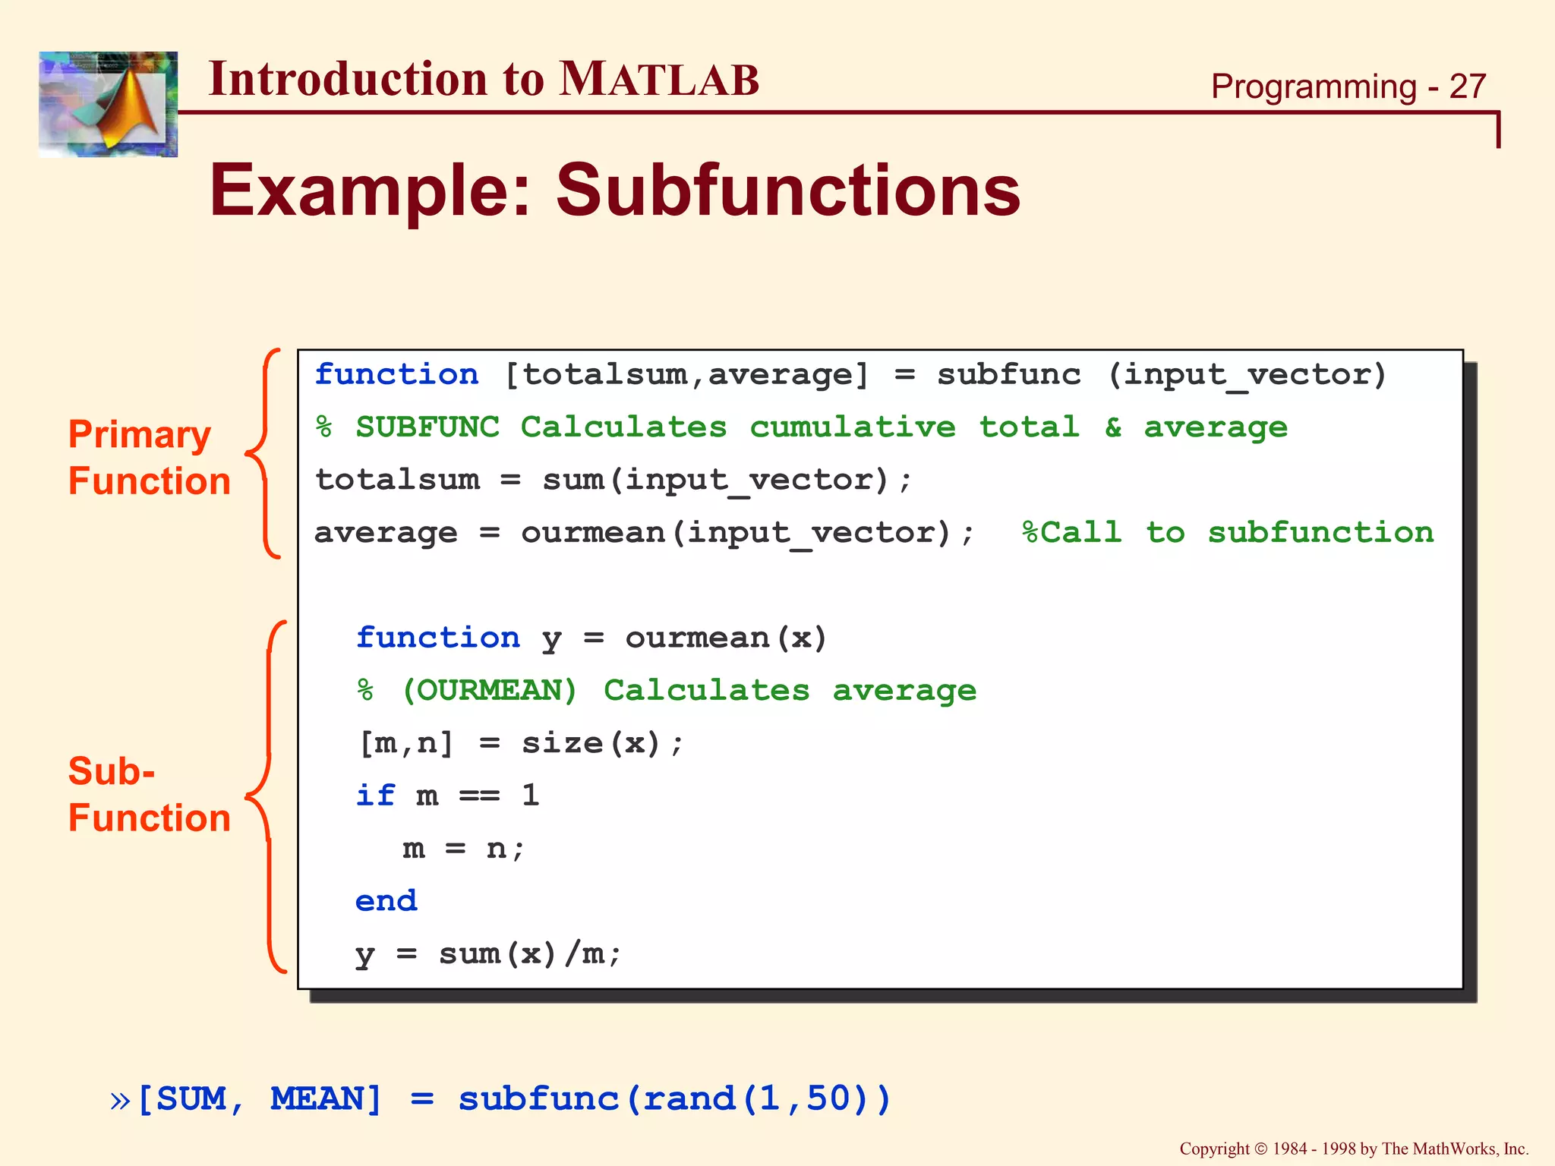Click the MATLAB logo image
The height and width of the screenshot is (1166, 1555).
click(x=108, y=104)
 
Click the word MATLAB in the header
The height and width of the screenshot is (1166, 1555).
click(x=658, y=79)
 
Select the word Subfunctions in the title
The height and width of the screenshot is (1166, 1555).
click(x=787, y=190)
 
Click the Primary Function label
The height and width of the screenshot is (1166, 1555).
click(x=149, y=458)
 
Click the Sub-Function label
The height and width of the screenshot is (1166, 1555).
click(x=149, y=794)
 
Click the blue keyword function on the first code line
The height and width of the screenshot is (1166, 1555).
click(x=396, y=375)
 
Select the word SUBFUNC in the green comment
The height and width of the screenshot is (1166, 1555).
click(x=427, y=427)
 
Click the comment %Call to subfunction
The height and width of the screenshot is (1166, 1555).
click(x=1227, y=532)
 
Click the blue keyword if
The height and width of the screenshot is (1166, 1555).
click(x=375, y=796)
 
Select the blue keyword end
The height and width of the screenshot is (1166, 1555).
click(x=386, y=901)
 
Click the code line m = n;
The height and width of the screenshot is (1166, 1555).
click(x=463, y=849)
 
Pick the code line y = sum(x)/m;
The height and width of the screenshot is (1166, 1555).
click(x=488, y=954)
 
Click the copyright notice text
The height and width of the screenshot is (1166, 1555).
click(x=1353, y=1149)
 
